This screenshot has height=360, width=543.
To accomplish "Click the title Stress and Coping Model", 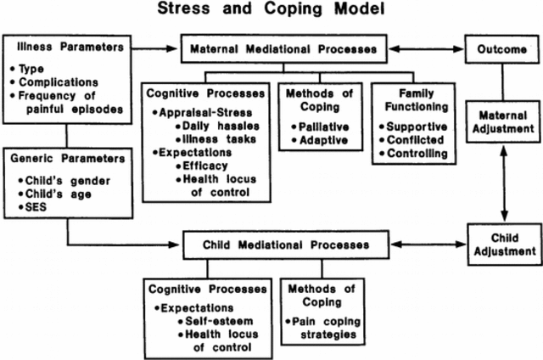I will (270, 12).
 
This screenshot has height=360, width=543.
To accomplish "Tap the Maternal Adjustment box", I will (503, 121).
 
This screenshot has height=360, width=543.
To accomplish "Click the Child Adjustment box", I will (503, 244).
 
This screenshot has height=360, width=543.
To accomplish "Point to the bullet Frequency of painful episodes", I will (70, 102).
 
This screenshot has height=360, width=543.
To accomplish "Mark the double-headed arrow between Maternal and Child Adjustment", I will (504, 183).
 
